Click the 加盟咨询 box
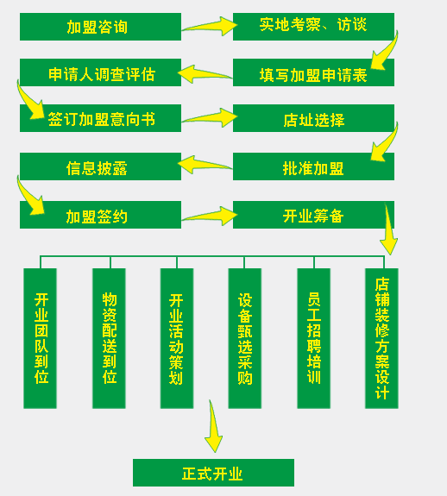click(x=100, y=27)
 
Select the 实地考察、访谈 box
click(x=313, y=27)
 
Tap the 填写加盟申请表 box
click(x=313, y=72)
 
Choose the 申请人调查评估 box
click(x=100, y=72)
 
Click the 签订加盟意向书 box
click(x=100, y=118)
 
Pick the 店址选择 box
click(x=313, y=118)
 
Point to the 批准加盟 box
click(x=313, y=166)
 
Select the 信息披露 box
click(x=100, y=166)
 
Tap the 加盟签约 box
click(x=100, y=215)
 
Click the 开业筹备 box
click(x=313, y=215)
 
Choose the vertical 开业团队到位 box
click(x=41, y=338)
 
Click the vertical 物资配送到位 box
click(x=109, y=338)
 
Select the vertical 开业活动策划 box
click(x=177, y=338)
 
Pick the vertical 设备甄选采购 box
click(x=245, y=338)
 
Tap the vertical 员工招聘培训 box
click(x=314, y=338)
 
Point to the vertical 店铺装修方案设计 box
click(x=381, y=338)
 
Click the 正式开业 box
click(x=213, y=473)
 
